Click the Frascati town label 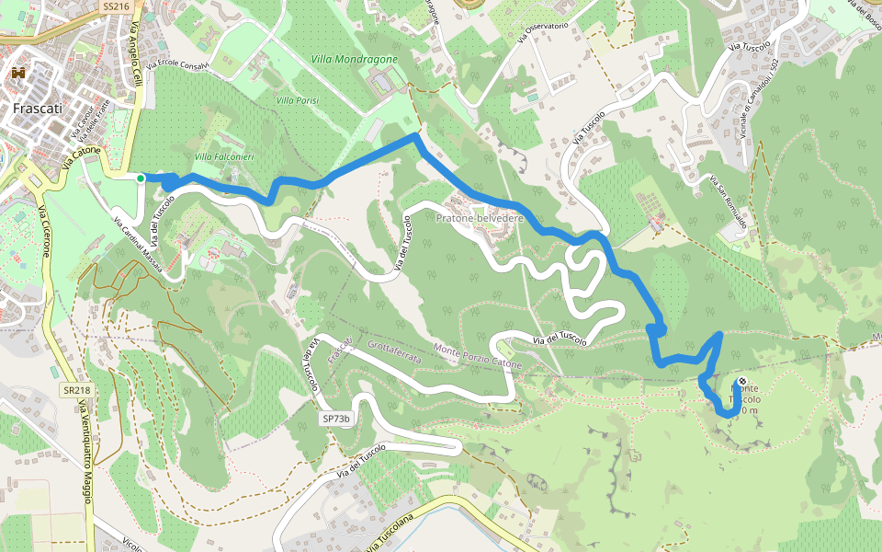tap(38, 108)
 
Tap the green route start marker tap(140, 178)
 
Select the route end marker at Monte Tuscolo tap(741, 383)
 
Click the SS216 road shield tap(113, 6)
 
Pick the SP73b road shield tap(337, 419)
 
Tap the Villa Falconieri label tap(224, 157)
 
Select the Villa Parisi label tap(297, 98)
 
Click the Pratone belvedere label tap(480, 218)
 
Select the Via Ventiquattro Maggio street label tap(85, 451)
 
